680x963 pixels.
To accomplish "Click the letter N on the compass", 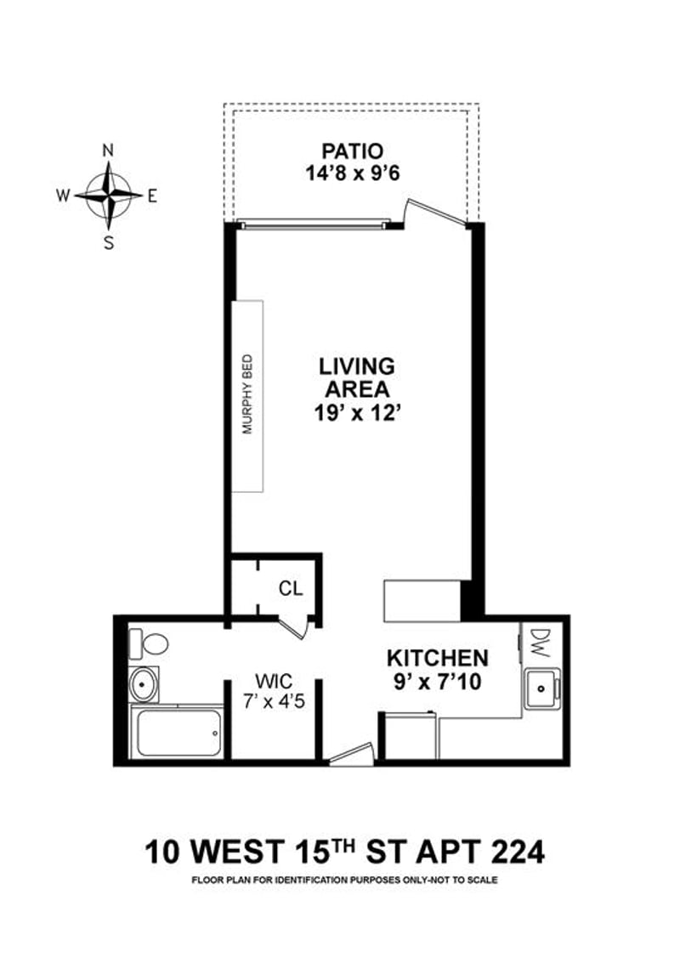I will pos(108,150).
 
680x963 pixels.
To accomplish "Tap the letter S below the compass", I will pos(108,242).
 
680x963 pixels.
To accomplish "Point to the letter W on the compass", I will pos(63,195).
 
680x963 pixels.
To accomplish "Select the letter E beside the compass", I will pos(152,195).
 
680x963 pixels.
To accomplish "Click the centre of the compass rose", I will pos(108,195).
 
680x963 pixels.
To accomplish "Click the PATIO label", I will pos(352,151).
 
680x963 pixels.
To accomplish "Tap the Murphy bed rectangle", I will pos(248,395).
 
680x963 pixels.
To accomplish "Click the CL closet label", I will pos(290,588).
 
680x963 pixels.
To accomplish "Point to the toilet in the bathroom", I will pos(150,643).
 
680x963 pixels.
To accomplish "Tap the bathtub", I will pos(178,732).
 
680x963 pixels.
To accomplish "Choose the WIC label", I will pos(274,681).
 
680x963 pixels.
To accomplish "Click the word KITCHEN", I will pos(438,658).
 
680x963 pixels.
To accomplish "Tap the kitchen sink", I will pos(541,688).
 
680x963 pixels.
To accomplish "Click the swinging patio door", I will pos(435,212).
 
